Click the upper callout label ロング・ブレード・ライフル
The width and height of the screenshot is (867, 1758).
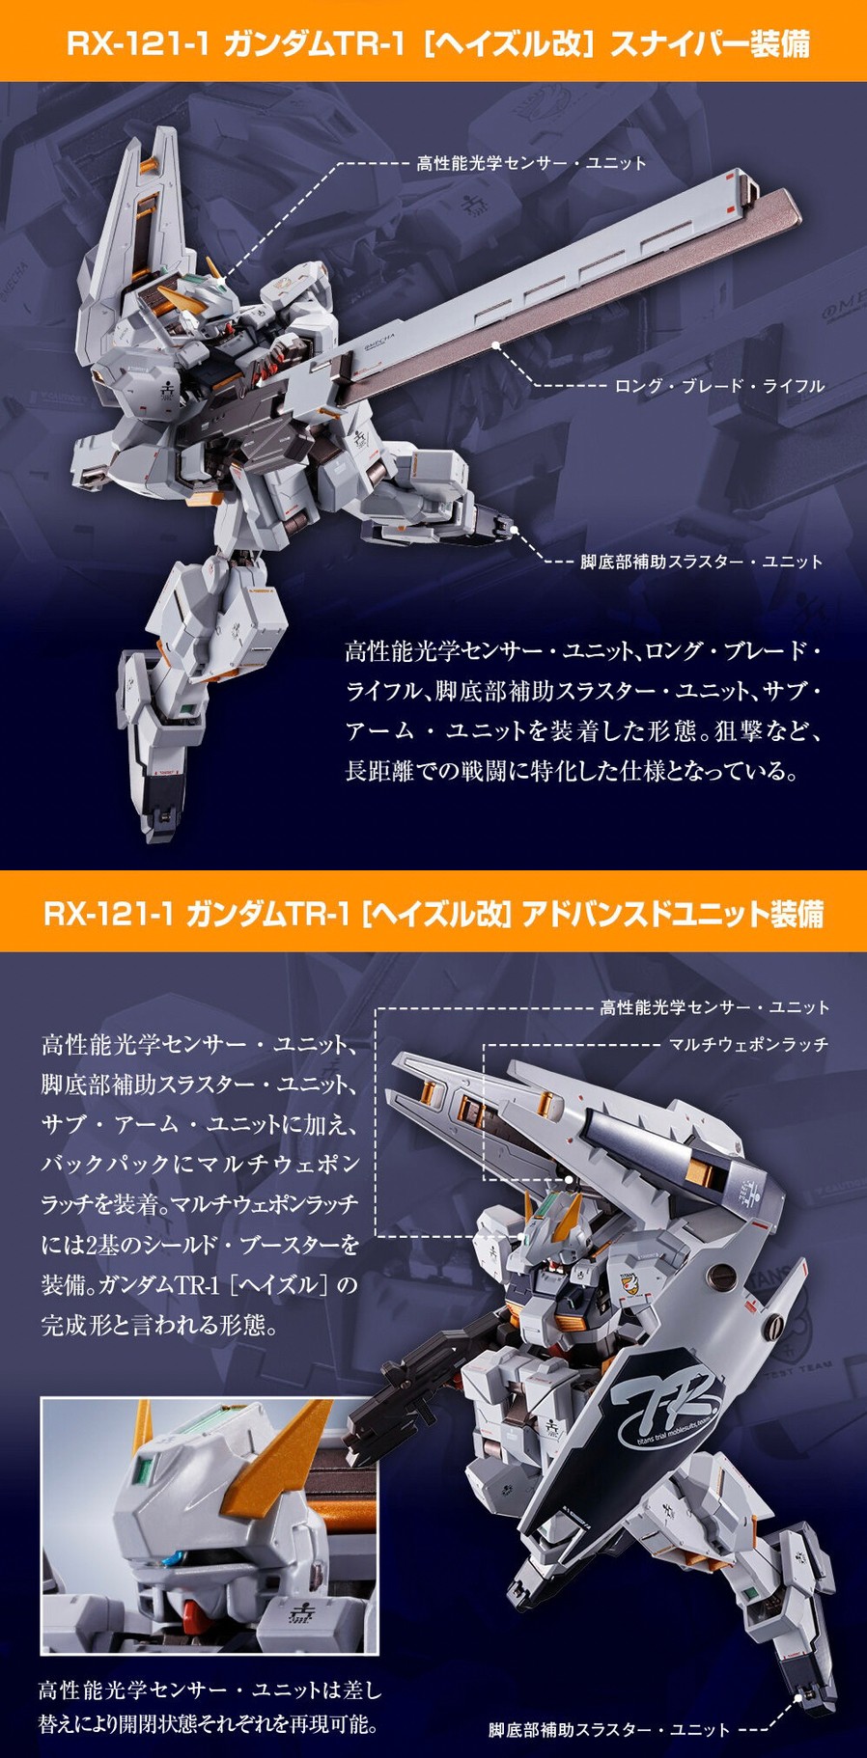(719, 386)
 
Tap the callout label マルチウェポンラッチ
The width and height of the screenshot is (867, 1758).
(748, 1045)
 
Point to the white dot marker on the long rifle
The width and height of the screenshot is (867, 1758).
(495, 343)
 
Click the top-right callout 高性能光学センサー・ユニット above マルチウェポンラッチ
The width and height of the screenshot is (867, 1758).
(714, 1008)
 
